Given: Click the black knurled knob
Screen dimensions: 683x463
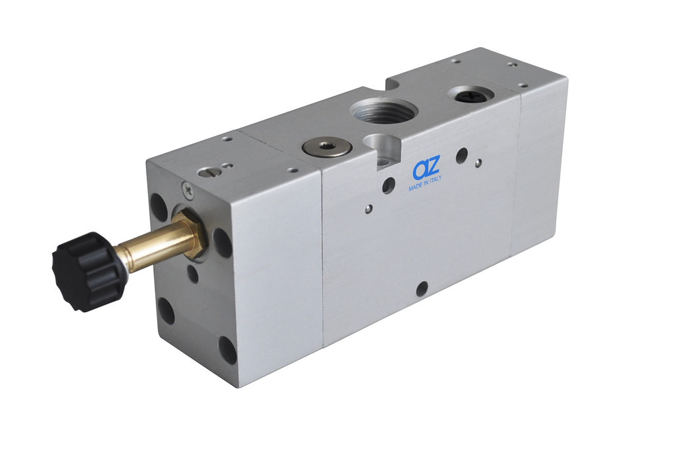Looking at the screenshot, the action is (x=89, y=271).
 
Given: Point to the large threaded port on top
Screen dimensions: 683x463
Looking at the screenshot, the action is (x=383, y=111).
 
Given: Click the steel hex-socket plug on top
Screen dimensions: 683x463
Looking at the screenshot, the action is (x=323, y=146).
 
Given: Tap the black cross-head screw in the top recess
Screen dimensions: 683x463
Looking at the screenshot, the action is (x=472, y=93).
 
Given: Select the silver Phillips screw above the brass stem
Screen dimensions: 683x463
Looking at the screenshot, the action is (x=188, y=189).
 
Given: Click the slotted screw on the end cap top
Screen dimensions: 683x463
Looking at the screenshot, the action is (x=207, y=172).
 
